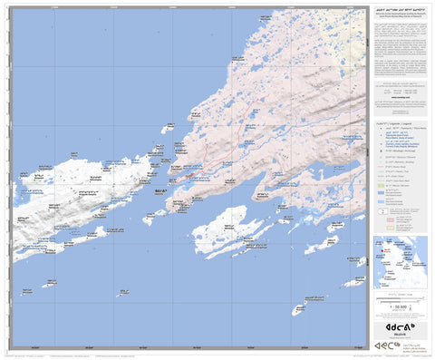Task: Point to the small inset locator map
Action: (400, 261)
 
